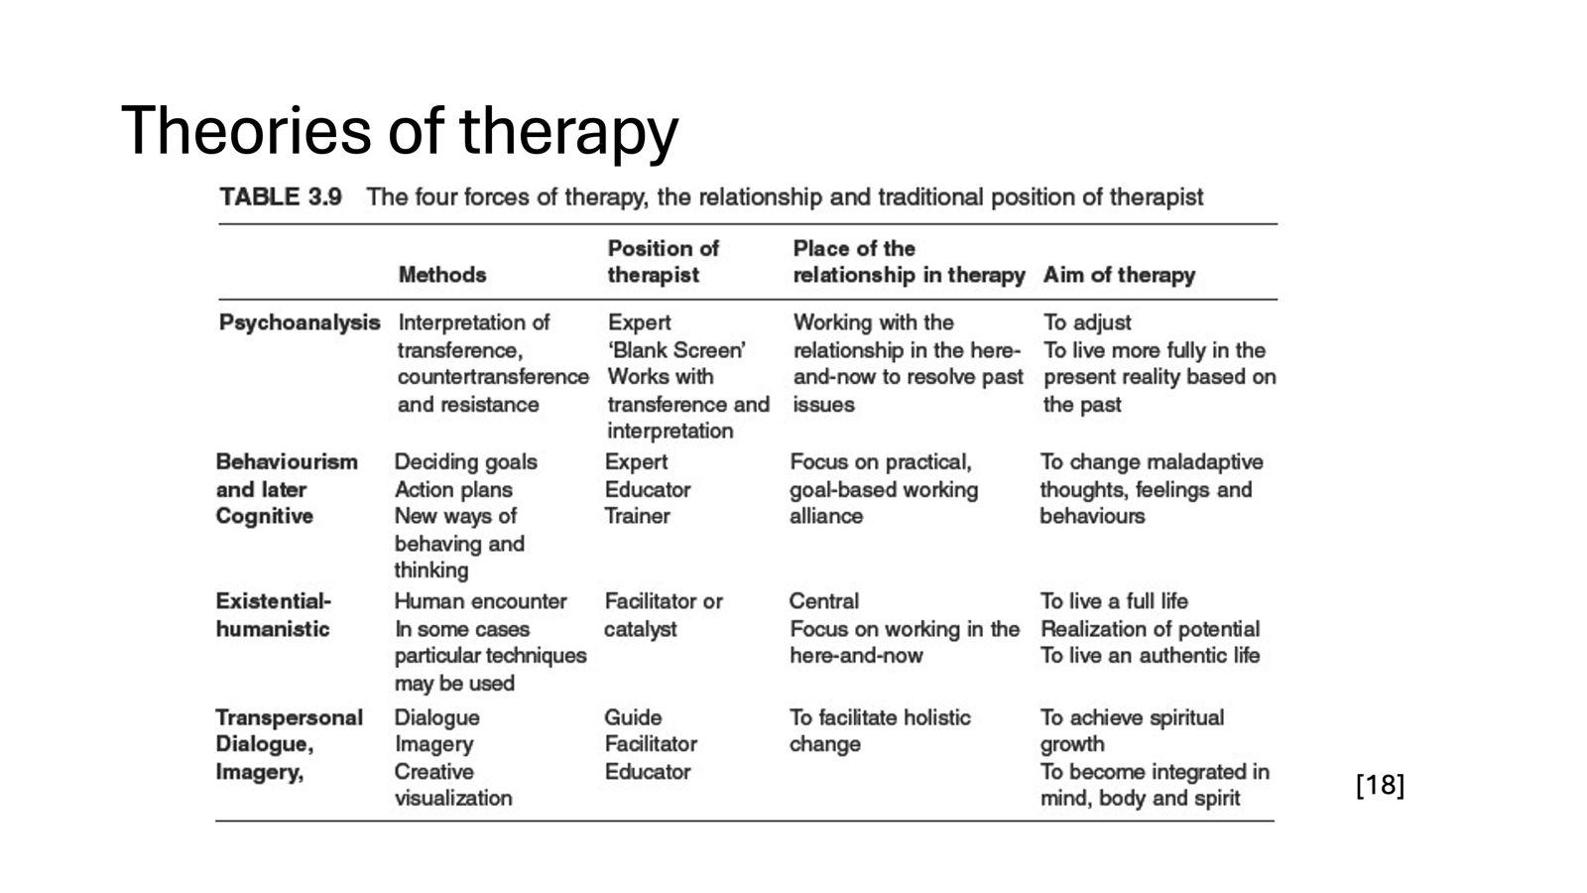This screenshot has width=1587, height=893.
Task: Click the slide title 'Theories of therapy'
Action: point(399,130)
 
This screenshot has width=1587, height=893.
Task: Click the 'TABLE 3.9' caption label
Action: point(281,196)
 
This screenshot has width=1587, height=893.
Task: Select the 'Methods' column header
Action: point(441,275)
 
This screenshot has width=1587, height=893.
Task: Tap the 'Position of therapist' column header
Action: point(663,261)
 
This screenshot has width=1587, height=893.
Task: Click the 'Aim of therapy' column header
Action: point(1119,275)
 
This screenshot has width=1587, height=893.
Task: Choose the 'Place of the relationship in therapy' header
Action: point(908,261)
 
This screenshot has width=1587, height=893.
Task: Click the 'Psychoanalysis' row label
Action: point(299,322)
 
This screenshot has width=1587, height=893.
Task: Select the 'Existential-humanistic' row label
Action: point(273,614)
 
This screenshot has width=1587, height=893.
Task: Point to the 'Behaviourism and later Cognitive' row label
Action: point(286,488)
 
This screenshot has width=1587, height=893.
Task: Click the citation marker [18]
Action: point(1380,786)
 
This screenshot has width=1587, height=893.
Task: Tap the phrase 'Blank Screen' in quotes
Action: point(676,350)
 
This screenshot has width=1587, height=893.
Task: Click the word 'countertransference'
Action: point(493,377)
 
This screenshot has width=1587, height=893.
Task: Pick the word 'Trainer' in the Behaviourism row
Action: point(637,516)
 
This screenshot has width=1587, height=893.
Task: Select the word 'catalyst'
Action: point(640,629)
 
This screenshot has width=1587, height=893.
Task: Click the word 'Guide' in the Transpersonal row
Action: point(633,717)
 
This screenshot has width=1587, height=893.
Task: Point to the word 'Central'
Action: point(823,601)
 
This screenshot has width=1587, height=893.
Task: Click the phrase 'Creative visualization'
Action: point(452,785)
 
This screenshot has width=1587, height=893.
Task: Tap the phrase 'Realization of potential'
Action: point(1150,629)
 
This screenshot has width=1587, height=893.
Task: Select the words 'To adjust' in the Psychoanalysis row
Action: point(1086,322)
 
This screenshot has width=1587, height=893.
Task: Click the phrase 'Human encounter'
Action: point(480,601)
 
